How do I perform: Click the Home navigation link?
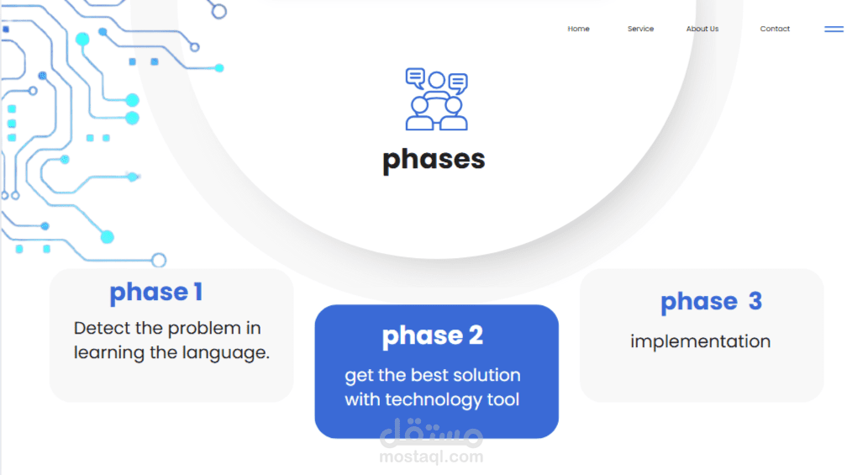pos(578,29)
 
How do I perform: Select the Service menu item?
pos(640,29)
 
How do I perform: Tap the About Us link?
pos(703,29)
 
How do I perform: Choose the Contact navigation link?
pos(775,29)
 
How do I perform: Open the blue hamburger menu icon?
pos(834,29)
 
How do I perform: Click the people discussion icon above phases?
pos(436,99)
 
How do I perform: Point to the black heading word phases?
pos(434,160)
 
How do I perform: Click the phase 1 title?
pos(156,293)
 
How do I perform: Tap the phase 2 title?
pos(433,335)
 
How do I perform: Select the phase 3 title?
pos(711,302)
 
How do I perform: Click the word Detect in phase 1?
pos(103,328)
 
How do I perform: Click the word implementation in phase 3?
pos(700,342)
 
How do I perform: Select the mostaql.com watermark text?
pos(432,457)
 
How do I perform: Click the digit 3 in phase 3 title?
pos(755,301)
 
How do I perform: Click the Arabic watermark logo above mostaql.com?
pos(432,433)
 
